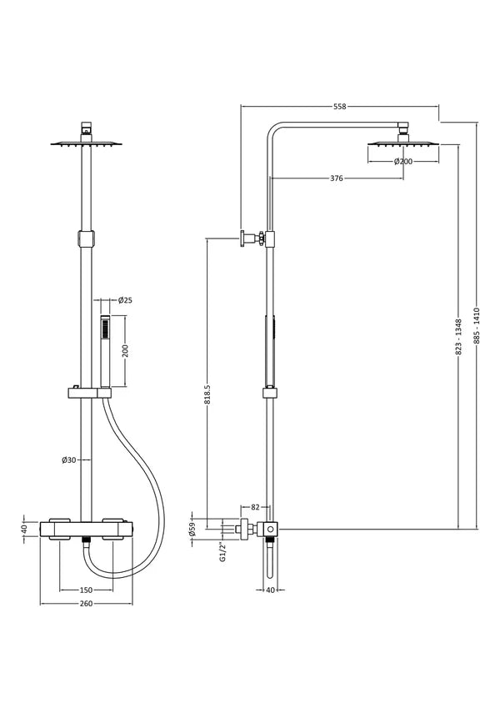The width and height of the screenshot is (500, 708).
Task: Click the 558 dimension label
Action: pyautogui.click(x=339, y=107)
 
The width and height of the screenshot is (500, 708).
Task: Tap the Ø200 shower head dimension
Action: pyautogui.click(x=403, y=161)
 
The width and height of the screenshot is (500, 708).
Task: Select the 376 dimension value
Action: pyautogui.click(x=337, y=178)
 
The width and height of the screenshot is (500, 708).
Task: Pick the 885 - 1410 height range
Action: pyautogui.click(x=477, y=326)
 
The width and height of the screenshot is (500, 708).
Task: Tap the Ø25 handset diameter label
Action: pyautogui.click(x=126, y=300)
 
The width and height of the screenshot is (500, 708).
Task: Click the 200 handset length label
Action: pyautogui.click(x=125, y=351)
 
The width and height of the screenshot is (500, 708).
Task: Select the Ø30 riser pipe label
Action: pyautogui.click(x=69, y=460)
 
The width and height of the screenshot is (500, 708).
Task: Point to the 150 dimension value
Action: pyautogui.click(x=86, y=590)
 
